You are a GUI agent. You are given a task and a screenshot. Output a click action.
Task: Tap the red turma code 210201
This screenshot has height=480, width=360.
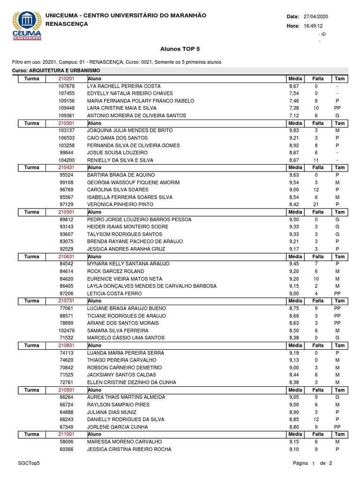(66, 79)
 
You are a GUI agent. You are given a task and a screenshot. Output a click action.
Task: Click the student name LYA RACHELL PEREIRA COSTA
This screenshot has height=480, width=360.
(124, 86)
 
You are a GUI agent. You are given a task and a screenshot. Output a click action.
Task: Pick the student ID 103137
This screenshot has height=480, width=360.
(67, 130)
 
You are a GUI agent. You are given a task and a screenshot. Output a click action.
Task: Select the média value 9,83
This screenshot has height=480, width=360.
(294, 130)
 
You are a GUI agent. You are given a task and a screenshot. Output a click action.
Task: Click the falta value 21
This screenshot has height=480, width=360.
(316, 204)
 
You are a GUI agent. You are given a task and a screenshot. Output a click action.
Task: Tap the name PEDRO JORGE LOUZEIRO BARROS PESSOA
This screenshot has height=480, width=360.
(139, 219)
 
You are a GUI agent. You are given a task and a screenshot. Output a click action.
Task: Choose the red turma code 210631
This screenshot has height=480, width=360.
(66, 256)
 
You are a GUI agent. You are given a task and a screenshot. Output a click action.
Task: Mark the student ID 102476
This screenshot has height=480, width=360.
(67, 330)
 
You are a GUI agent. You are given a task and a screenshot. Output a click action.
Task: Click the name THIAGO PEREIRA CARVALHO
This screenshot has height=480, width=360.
(119, 360)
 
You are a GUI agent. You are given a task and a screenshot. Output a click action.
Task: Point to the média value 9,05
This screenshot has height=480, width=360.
(294, 397)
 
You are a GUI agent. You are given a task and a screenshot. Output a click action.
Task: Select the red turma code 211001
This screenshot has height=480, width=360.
(66, 434)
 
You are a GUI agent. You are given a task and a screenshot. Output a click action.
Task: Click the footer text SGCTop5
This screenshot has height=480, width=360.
(29, 463)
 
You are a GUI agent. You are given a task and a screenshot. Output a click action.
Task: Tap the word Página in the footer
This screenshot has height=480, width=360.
(300, 463)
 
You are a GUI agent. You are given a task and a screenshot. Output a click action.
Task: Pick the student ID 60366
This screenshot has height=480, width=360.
(67, 449)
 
